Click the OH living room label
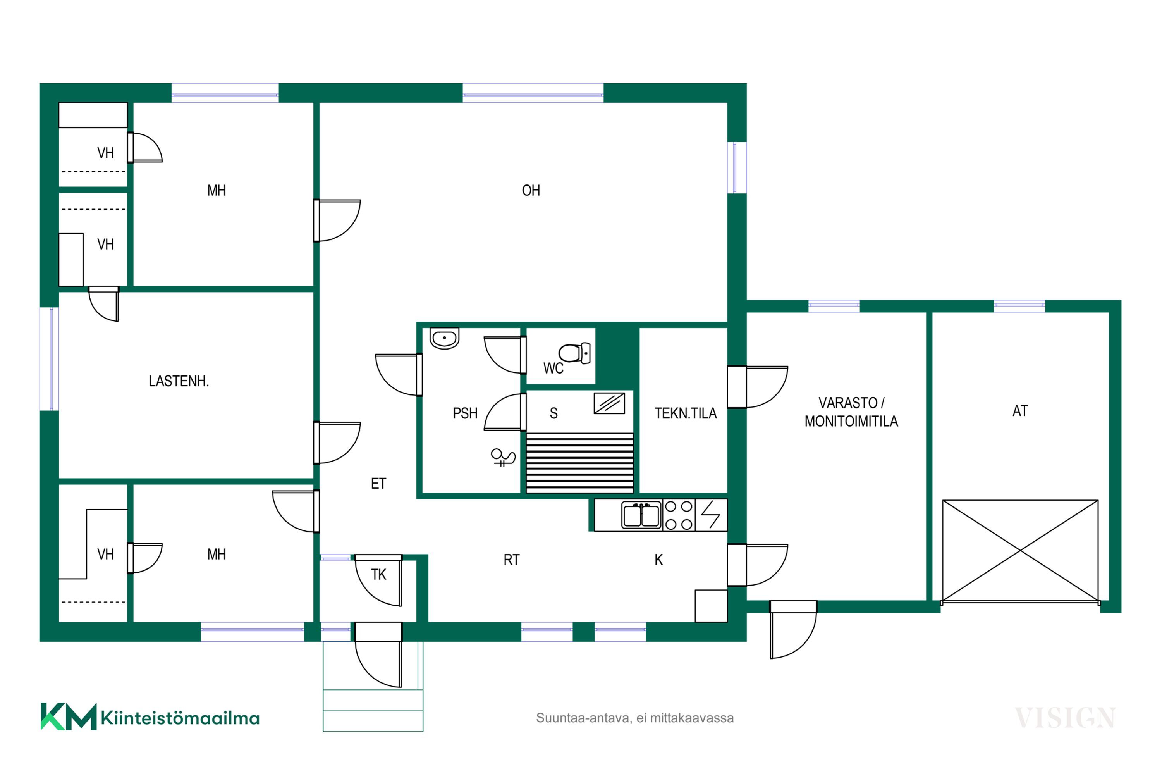click(531, 190)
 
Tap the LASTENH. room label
click(179, 381)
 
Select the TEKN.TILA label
click(685, 413)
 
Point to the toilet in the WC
click(574, 353)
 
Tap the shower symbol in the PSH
click(503, 457)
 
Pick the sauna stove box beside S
click(609, 403)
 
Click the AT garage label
click(1020, 411)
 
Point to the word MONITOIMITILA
click(851, 421)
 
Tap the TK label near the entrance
click(378, 574)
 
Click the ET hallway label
click(378, 483)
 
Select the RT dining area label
click(511, 560)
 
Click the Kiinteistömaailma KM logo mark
click(68, 716)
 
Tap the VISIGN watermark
click(1065, 718)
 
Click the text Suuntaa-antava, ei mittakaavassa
click(635, 718)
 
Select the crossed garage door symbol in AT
click(1020, 551)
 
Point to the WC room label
click(553, 368)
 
